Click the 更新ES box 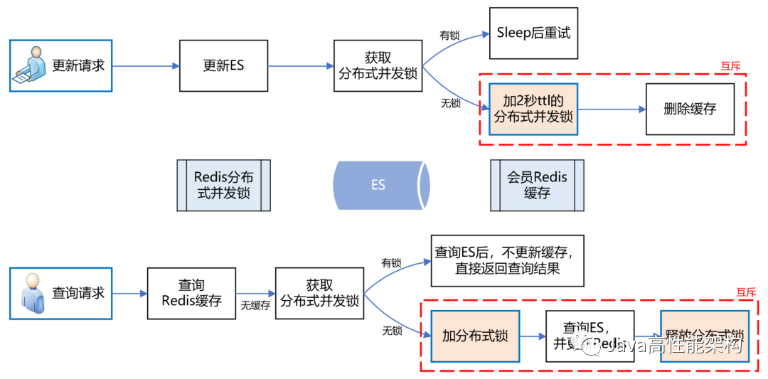(x=223, y=65)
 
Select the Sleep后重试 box (x=533, y=33)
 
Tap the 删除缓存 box (x=690, y=109)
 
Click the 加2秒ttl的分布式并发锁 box (x=533, y=109)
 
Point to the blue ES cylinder (x=381, y=185)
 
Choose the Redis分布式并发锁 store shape (x=223, y=185)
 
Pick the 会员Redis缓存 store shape (x=537, y=185)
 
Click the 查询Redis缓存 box (x=191, y=292)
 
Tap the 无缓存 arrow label (x=255, y=306)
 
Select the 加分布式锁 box (x=475, y=336)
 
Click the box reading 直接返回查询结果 (x=507, y=260)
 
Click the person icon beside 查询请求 (x=33, y=293)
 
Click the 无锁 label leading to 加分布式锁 (x=392, y=331)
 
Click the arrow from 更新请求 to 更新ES (x=146, y=66)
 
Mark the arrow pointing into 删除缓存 (x=612, y=110)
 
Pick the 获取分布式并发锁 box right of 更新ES (x=378, y=65)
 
